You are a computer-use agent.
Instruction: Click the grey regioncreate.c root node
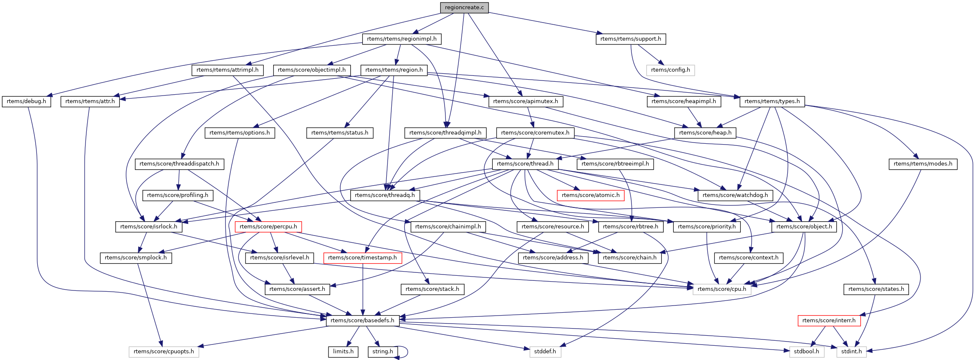click(x=464, y=8)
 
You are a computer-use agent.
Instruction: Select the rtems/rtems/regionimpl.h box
click(x=401, y=39)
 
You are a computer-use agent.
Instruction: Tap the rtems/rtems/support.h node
click(x=630, y=39)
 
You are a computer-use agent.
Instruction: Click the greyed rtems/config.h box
click(x=670, y=70)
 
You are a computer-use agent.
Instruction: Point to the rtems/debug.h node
click(x=26, y=101)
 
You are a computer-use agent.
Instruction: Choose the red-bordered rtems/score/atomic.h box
click(x=590, y=195)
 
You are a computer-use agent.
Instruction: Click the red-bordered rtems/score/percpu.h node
click(x=268, y=227)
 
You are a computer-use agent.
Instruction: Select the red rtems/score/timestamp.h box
click(x=362, y=258)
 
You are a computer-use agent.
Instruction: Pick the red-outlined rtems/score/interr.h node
click(x=829, y=321)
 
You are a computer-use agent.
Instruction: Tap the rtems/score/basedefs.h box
click(x=362, y=321)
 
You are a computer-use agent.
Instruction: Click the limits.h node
click(x=343, y=352)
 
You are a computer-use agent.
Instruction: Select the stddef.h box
click(x=545, y=352)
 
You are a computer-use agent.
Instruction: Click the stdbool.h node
click(x=806, y=352)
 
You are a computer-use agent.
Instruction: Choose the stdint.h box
click(x=851, y=352)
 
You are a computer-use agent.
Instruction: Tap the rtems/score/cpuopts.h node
click(x=164, y=352)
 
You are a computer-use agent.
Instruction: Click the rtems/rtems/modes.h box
click(x=923, y=164)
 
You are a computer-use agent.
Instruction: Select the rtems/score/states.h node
click(x=876, y=289)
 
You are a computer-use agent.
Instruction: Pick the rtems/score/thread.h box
click(x=525, y=164)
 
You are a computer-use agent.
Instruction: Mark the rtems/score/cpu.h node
click(x=722, y=289)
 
